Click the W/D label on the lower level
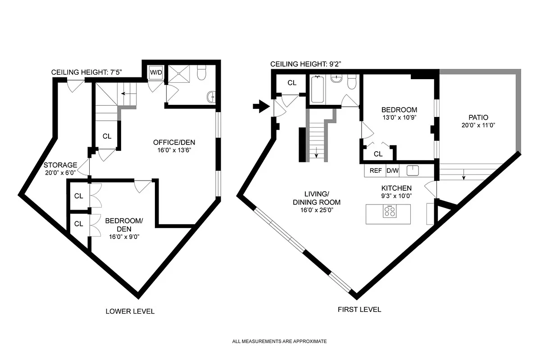click(156, 72)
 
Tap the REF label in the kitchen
click(376, 171)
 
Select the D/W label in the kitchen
click(393, 171)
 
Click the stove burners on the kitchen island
click(390, 211)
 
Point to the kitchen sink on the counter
click(413, 171)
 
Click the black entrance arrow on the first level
click(260, 107)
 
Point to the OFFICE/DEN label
click(174, 143)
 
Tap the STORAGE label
click(60, 165)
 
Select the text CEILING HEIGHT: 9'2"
click(306, 64)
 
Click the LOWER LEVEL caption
click(130, 311)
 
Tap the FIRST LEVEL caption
click(359, 310)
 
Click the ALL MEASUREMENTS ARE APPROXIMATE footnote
click(279, 342)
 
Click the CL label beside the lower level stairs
click(107, 137)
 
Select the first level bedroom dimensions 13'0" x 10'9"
click(399, 117)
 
